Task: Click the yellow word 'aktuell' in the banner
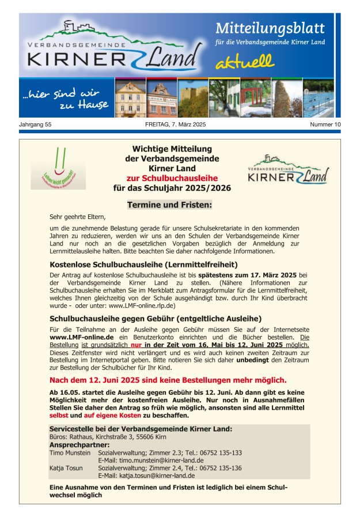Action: (x=245, y=61)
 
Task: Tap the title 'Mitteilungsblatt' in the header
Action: (x=270, y=28)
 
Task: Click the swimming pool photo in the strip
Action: (x=318, y=99)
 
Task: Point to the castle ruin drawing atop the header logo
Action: (x=71, y=26)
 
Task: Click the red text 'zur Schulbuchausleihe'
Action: (x=172, y=178)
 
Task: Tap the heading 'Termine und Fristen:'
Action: (x=169, y=205)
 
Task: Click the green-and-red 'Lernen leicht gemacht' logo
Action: (x=58, y=168)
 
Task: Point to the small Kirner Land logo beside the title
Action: (x=288, y=169)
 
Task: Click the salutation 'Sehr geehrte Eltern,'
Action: (x=78, y=217)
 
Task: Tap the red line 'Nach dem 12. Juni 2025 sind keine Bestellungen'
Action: (x=168, y=380)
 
